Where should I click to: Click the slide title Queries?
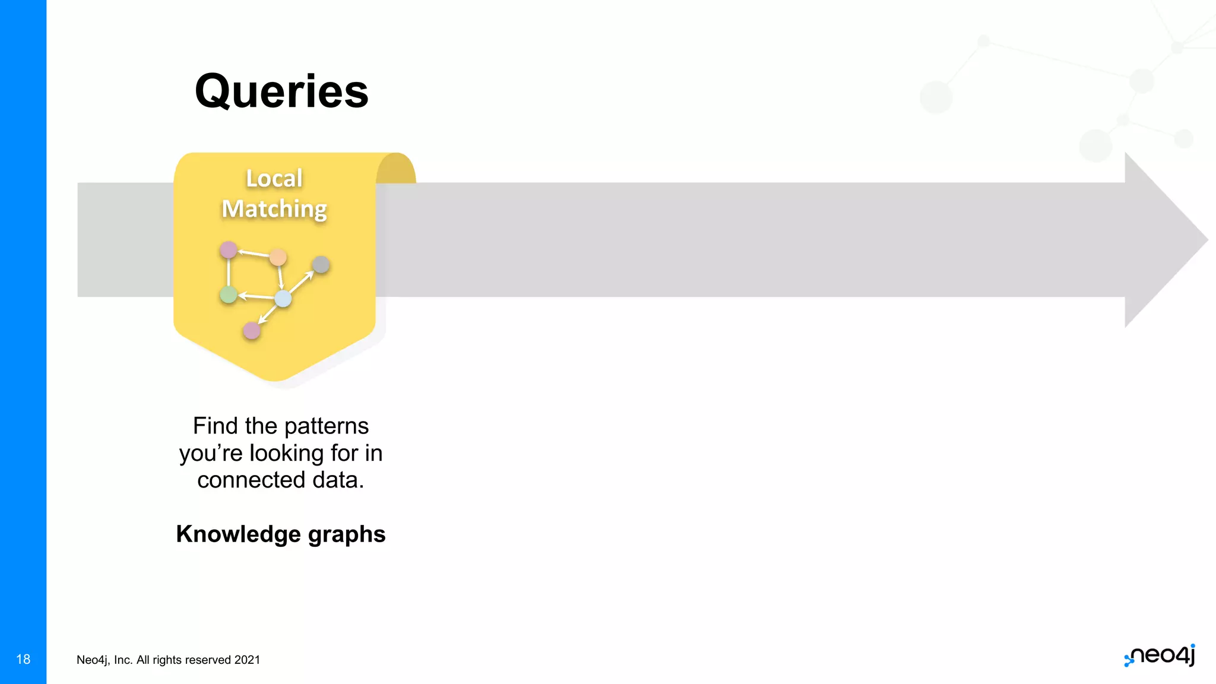281,92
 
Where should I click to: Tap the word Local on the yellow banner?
274,179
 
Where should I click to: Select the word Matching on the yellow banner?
274,209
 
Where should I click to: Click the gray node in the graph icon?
321,265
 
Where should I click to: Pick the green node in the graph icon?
229,294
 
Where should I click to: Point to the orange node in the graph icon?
278,258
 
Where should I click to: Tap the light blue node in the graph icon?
283,299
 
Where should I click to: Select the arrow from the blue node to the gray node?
302,282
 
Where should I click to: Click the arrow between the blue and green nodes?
256,296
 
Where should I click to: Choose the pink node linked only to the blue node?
252,331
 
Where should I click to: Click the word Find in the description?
216,426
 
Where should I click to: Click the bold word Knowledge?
238,534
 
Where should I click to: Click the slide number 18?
23,659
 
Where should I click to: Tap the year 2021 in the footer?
247,660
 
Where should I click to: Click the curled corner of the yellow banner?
396,169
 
